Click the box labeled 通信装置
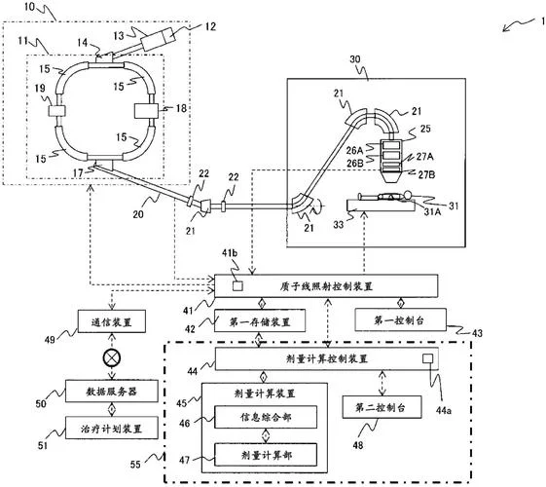(112, 321)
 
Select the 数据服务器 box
(112, 391)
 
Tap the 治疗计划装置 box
(112, 429)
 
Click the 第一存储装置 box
(260, 320)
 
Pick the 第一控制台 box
(400, 319)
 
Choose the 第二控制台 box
(382, 407)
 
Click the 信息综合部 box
(266, 417)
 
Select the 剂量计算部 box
(266, 455)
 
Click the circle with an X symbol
(112, 357)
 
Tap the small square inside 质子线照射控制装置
(237, 286)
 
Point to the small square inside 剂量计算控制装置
(427, 358)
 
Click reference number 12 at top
(209, 27)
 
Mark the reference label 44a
(444, 411)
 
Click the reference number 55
(135, 464)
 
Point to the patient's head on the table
(407, 195)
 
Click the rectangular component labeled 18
(146, 111)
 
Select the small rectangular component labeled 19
(56, 111)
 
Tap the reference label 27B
(426, 174)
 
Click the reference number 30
(355, 58)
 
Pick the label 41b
(230, 253)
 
